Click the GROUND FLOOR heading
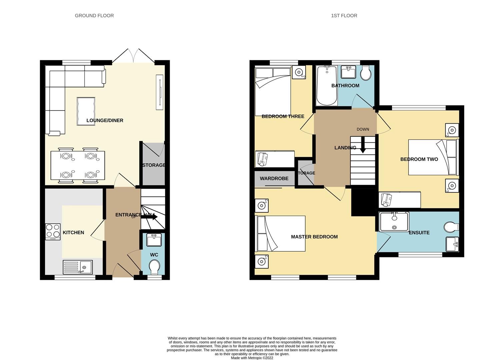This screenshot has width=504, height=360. pos(94,16)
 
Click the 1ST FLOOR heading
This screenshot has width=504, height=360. pos(344,16)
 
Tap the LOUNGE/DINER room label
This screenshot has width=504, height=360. pos(105,120)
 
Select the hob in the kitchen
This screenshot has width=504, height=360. pos(53,232)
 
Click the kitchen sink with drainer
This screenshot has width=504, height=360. pos(78,267)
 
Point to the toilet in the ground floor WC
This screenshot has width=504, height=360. pos(154,267)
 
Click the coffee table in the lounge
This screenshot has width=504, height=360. pos(86,111)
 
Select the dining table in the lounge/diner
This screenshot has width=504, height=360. pos(78,165)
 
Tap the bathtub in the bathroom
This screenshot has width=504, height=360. pos(326,85)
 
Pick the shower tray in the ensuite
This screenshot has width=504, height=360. pos(394,222)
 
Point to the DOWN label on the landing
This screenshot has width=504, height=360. pos(363,129)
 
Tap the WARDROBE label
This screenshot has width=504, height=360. pos(274,179)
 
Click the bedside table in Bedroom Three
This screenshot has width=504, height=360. pos(299,72)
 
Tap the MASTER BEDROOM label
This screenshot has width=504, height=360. pos(314,237)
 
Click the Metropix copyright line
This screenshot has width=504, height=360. pos(252,358)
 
